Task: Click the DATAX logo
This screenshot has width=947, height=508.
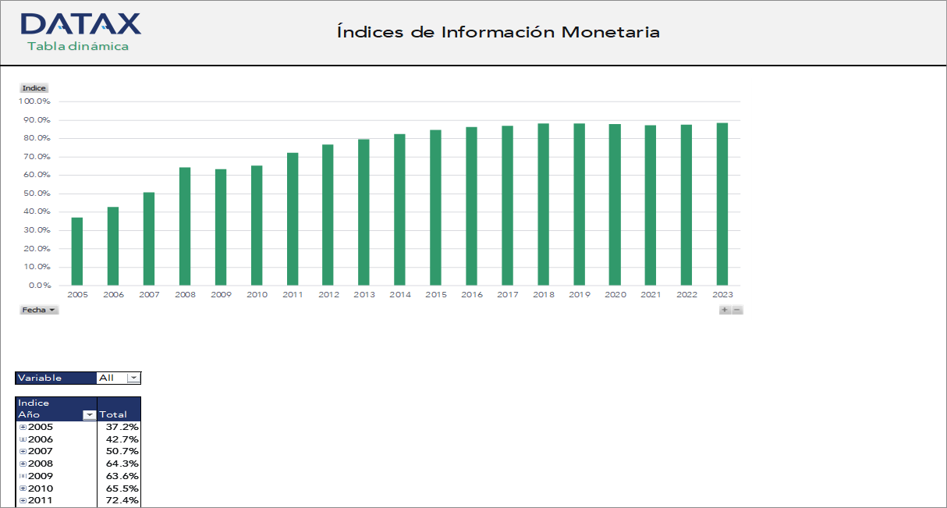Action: (80, 31)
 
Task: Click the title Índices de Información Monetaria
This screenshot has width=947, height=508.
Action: (498, 32)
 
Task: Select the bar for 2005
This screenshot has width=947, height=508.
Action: (77, 251)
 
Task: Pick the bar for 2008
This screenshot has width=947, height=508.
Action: (185, 226)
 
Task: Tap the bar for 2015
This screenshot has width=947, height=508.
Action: (435, 208)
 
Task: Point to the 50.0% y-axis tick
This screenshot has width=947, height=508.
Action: (35, 194)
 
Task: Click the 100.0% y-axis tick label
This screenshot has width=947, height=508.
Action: (34, 101)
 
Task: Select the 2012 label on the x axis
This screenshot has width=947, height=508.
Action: (329, 295)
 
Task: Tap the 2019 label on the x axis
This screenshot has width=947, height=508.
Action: (580, 295)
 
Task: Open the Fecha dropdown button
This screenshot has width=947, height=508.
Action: (39, 310)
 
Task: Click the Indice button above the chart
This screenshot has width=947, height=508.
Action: (34, 88)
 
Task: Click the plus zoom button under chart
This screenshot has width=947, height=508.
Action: (725, 310)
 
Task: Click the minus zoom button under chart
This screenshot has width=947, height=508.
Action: (737, 310)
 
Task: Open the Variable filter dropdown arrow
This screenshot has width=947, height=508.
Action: (133, 378)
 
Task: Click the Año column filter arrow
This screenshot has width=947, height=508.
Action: (90, 415)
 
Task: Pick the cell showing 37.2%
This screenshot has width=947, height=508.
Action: (119, 427)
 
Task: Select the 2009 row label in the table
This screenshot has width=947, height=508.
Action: (41, 476)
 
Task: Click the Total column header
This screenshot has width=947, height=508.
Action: (114, 414)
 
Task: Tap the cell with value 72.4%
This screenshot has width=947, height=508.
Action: (119, 500)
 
